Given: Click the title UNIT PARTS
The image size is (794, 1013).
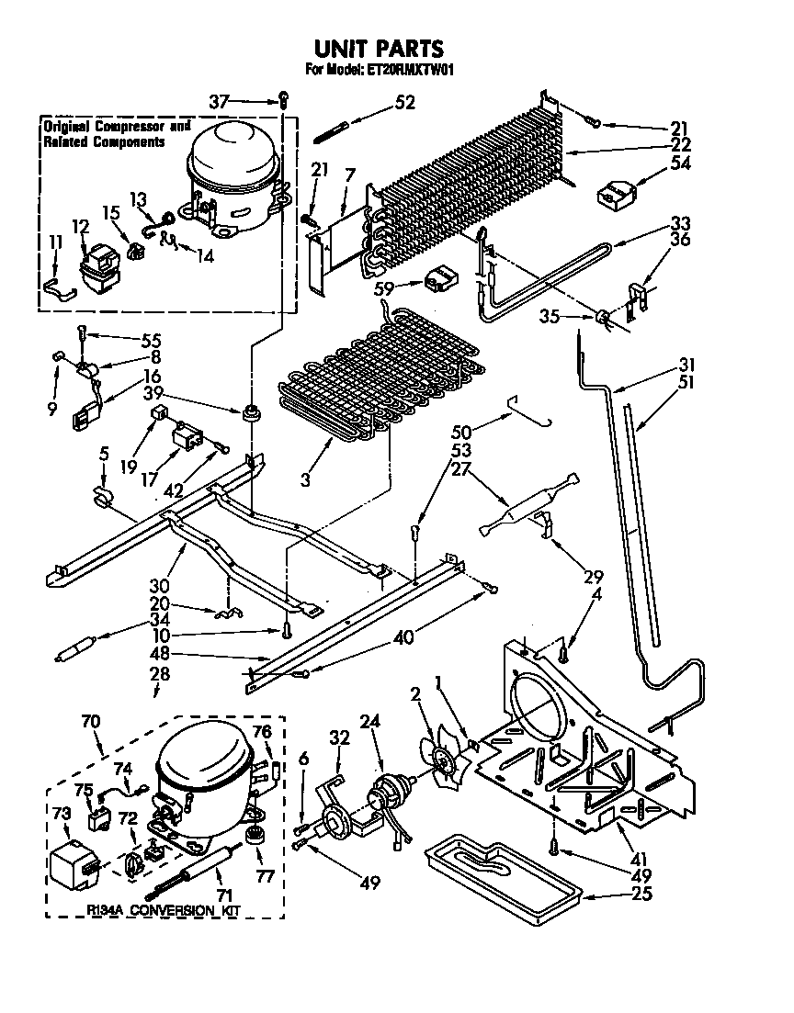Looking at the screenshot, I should (378, 48).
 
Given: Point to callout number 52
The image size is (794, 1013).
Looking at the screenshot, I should (404, 103).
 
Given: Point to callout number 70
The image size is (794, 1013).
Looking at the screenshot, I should (90, 722).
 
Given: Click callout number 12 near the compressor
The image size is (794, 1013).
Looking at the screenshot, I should (80, 227).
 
